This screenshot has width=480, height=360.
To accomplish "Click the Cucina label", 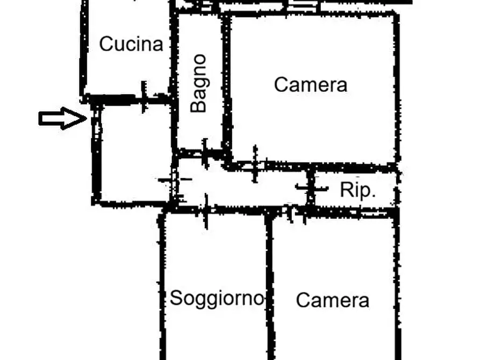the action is pos(131,44).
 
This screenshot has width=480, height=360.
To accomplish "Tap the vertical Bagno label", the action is pos(198,84).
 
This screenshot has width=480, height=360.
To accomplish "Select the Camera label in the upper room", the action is pos(310,84).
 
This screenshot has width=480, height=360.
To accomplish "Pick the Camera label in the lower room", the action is pos(332,300).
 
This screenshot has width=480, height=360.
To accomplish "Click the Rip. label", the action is pos(358,190).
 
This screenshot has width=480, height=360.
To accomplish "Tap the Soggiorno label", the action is pos(217,298).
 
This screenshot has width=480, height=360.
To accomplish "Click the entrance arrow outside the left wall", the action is pos(63,118).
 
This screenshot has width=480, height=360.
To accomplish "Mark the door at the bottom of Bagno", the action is pos(205,153).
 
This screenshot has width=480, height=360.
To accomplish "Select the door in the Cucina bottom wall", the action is pos(144,97).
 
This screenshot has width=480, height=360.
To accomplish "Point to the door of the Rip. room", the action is pos(311,188).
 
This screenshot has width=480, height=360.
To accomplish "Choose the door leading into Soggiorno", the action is pos(206,211).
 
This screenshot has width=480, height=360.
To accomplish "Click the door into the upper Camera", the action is pos(255,164).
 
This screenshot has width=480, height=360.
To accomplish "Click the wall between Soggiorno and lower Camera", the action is pos(269,286).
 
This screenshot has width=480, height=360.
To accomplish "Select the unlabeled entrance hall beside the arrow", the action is pos(135,153).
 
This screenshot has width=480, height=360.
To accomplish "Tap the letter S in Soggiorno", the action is pos(175,297).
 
